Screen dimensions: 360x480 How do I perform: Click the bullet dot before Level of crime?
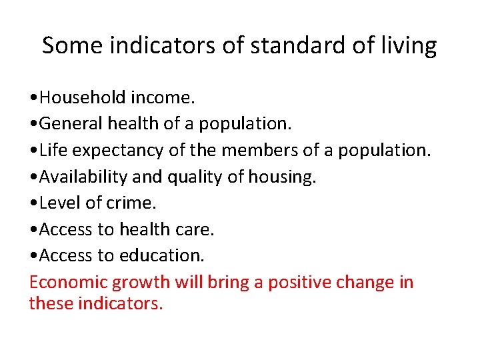coord(34,204)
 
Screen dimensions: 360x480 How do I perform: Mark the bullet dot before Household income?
coord(34,99)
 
